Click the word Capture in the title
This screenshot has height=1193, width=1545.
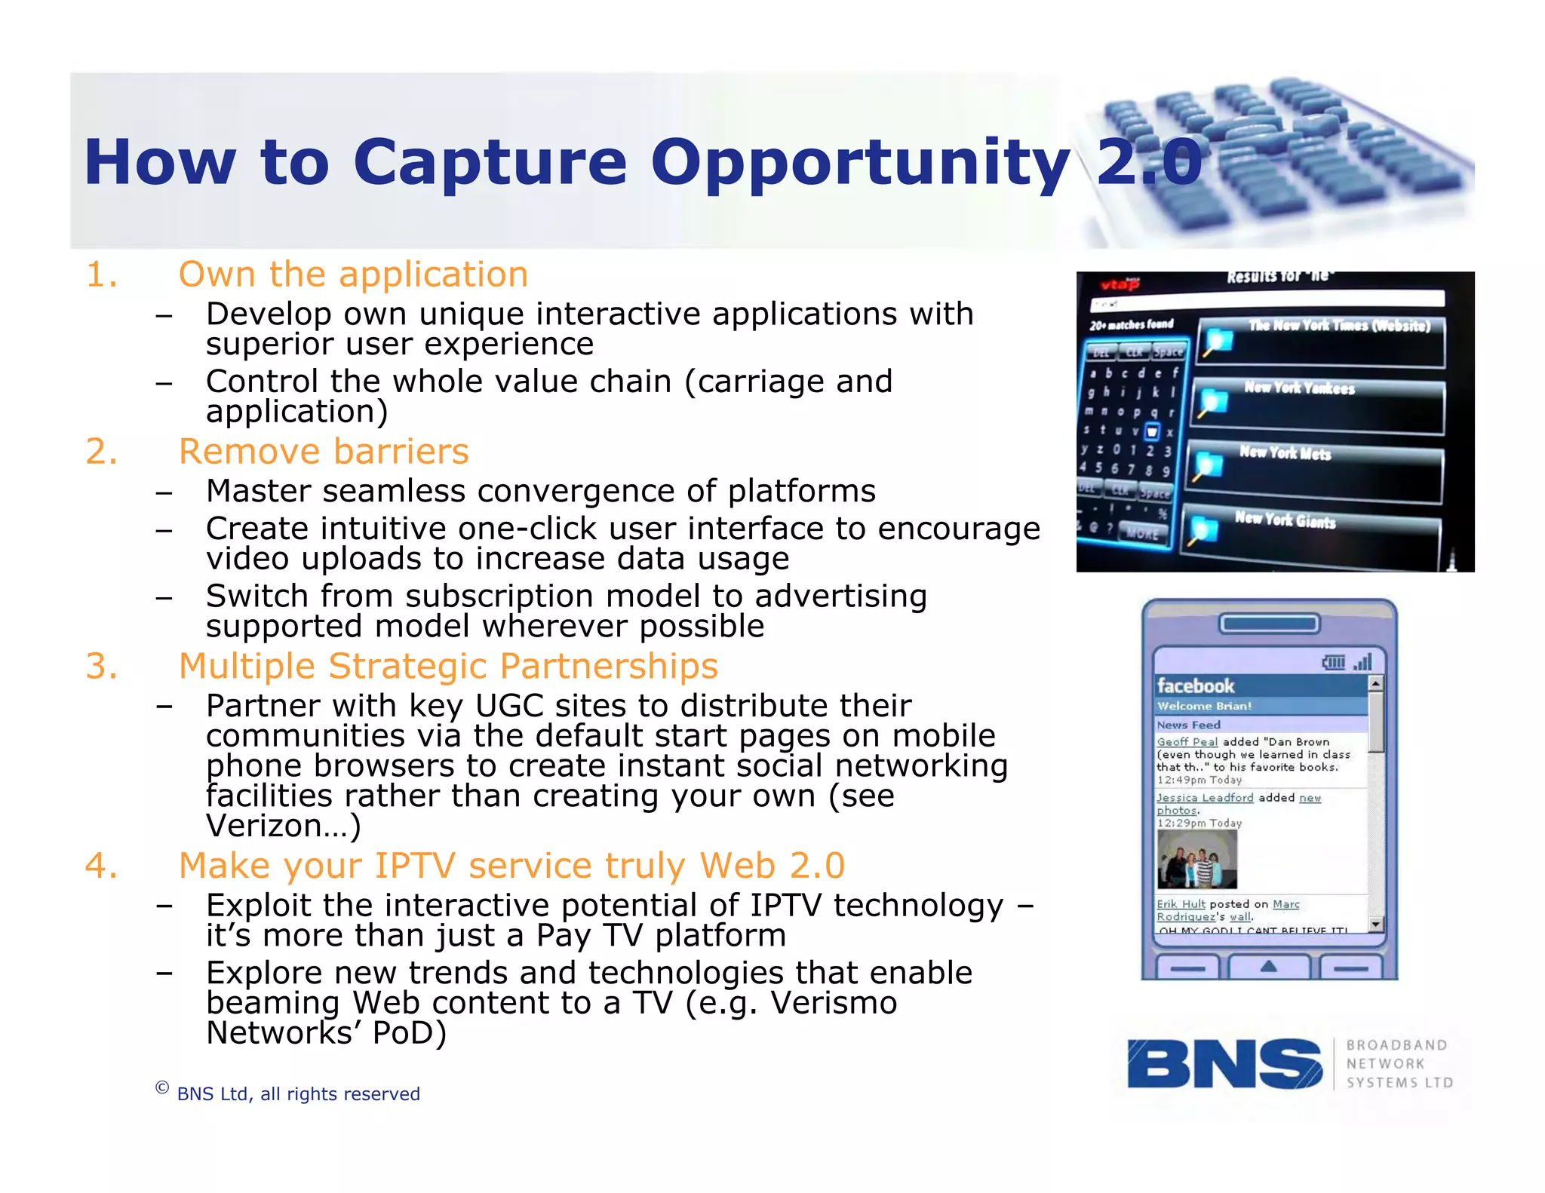point(489,163)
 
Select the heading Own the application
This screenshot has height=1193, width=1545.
point(352,274)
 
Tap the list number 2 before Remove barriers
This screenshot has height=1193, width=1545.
point(101,452)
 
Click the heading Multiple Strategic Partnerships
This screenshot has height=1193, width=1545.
point(447,667)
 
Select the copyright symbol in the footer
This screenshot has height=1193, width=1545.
point(161,1087)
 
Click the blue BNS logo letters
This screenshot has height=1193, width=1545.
point(1224,1064)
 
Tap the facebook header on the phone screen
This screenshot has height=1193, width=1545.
point(1196,685)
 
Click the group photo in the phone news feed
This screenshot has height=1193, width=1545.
point(1197,859)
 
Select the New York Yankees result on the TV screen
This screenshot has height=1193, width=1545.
point(1299,388)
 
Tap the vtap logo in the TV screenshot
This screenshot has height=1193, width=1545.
point(1119,284)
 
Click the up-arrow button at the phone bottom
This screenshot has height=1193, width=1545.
point(1269,967)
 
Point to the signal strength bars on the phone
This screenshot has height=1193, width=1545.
point(1362,662)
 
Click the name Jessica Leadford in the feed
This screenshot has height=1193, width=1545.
point(1205,798)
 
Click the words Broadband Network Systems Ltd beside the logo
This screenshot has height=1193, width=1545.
point(1398,1064)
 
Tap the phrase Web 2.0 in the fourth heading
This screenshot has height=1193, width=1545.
point(772,866)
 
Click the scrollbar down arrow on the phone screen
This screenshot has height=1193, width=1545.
point(1375,924)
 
